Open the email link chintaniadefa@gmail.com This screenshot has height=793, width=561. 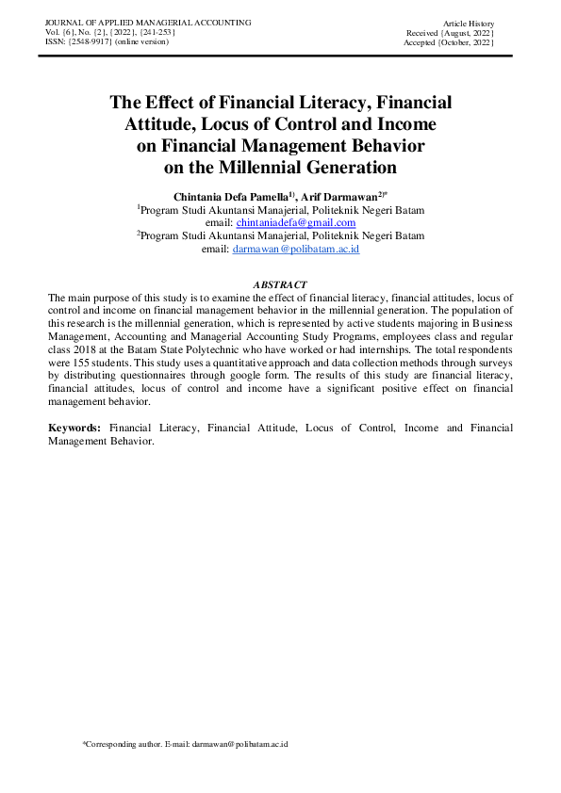coord(295,221)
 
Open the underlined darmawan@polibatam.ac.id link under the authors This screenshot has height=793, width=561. coord(295,249)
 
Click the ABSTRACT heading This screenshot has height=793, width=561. coord(280,284)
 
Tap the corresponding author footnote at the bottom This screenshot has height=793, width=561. coord(185,744)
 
